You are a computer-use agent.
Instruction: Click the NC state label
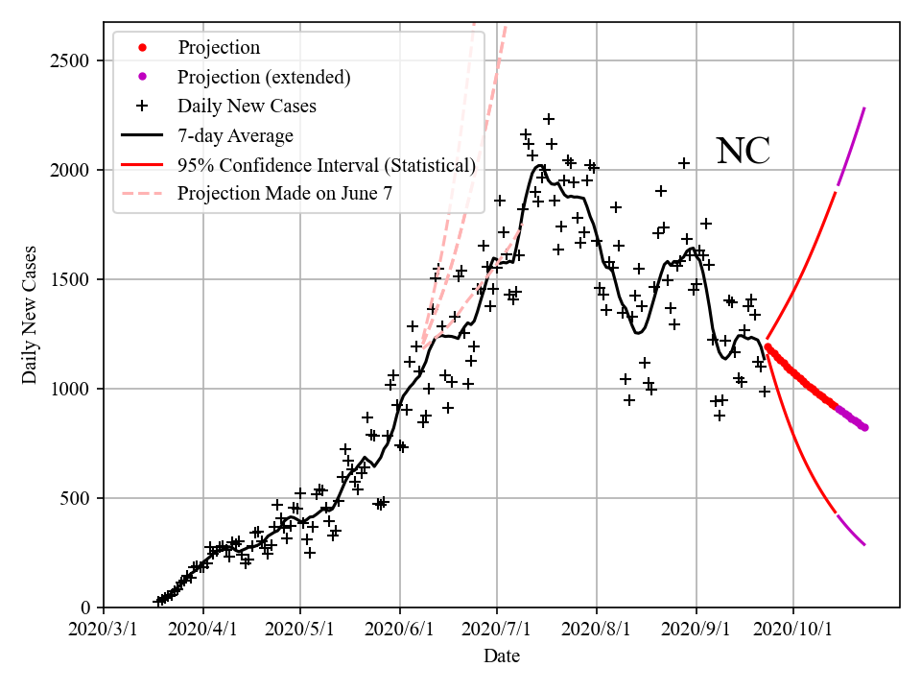click(x=744, y=152)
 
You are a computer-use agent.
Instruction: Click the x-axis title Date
click(x=502, y=656)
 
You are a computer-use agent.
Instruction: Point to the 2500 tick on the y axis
click(x=71, y=60)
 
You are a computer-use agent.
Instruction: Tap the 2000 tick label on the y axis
click(x=71, y=170)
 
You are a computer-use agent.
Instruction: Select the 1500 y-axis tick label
click(x=71, y=279)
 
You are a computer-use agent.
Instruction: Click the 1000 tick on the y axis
click(x=71, y=389)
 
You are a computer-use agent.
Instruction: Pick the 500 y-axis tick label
click(x=76, y=498)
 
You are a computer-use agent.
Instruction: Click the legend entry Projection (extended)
click(x=264, y=77)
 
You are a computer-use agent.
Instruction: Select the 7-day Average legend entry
click(x=235, y=135)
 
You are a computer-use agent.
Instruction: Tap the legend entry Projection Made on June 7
click(x=285, y=194)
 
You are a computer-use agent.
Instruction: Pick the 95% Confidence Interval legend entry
click(x=326, y=165)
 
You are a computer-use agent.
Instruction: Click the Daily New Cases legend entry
click(x=247, y=106)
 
